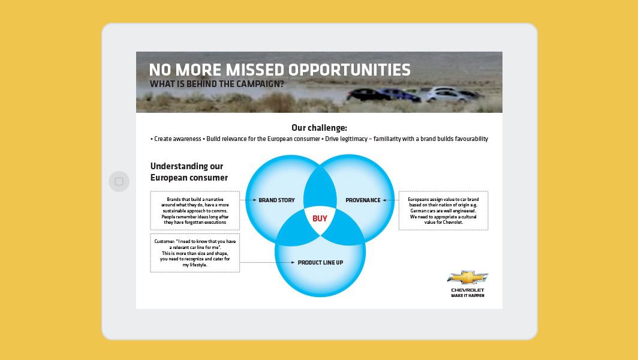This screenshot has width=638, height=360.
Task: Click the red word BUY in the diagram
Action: click(320, 218)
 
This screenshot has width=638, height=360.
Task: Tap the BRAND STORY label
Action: click(276, 200)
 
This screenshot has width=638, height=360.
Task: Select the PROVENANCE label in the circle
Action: click(363, 200)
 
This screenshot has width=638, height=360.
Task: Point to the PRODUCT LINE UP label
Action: click(320, 263)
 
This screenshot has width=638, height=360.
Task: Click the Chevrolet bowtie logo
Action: click(468, 278)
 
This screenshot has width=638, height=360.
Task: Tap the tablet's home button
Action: click(119, 181)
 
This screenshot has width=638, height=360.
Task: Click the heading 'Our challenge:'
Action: click(320, 128)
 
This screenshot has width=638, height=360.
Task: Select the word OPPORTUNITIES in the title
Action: click(350, 70)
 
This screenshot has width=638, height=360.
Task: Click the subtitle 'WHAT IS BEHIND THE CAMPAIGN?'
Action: click(217, 84)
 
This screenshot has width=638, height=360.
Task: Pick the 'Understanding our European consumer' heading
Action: click(189, 172)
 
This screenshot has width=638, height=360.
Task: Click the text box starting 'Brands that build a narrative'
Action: click(195, 211)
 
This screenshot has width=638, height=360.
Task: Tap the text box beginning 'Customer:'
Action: click(195, 253)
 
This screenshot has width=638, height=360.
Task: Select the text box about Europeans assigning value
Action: click(444, 211)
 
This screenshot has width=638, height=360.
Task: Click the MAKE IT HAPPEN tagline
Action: click(468, 296)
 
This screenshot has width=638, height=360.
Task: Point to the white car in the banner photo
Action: click(444, 95)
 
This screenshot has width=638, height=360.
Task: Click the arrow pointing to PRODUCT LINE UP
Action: click(267, 263)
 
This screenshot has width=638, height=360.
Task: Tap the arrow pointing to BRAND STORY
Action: click(248, 200)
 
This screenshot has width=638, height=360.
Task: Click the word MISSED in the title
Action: click(255, 70)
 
